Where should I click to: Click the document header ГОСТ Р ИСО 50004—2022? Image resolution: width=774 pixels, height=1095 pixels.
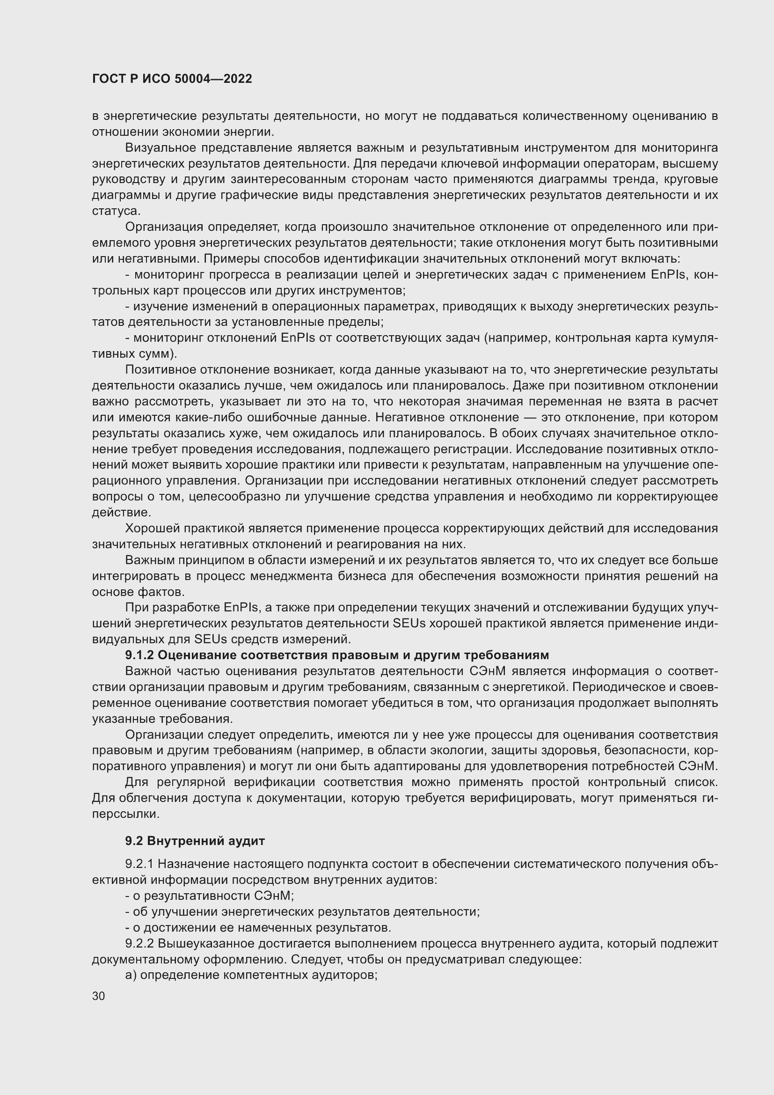(172, 79)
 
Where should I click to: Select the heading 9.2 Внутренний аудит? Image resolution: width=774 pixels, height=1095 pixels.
(195, 841)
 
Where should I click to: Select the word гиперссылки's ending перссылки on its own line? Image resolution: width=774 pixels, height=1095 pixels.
(125, 814)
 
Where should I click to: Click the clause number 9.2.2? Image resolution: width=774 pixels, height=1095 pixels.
(139, 943)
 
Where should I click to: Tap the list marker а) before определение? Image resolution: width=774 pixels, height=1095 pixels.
(131, 975)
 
